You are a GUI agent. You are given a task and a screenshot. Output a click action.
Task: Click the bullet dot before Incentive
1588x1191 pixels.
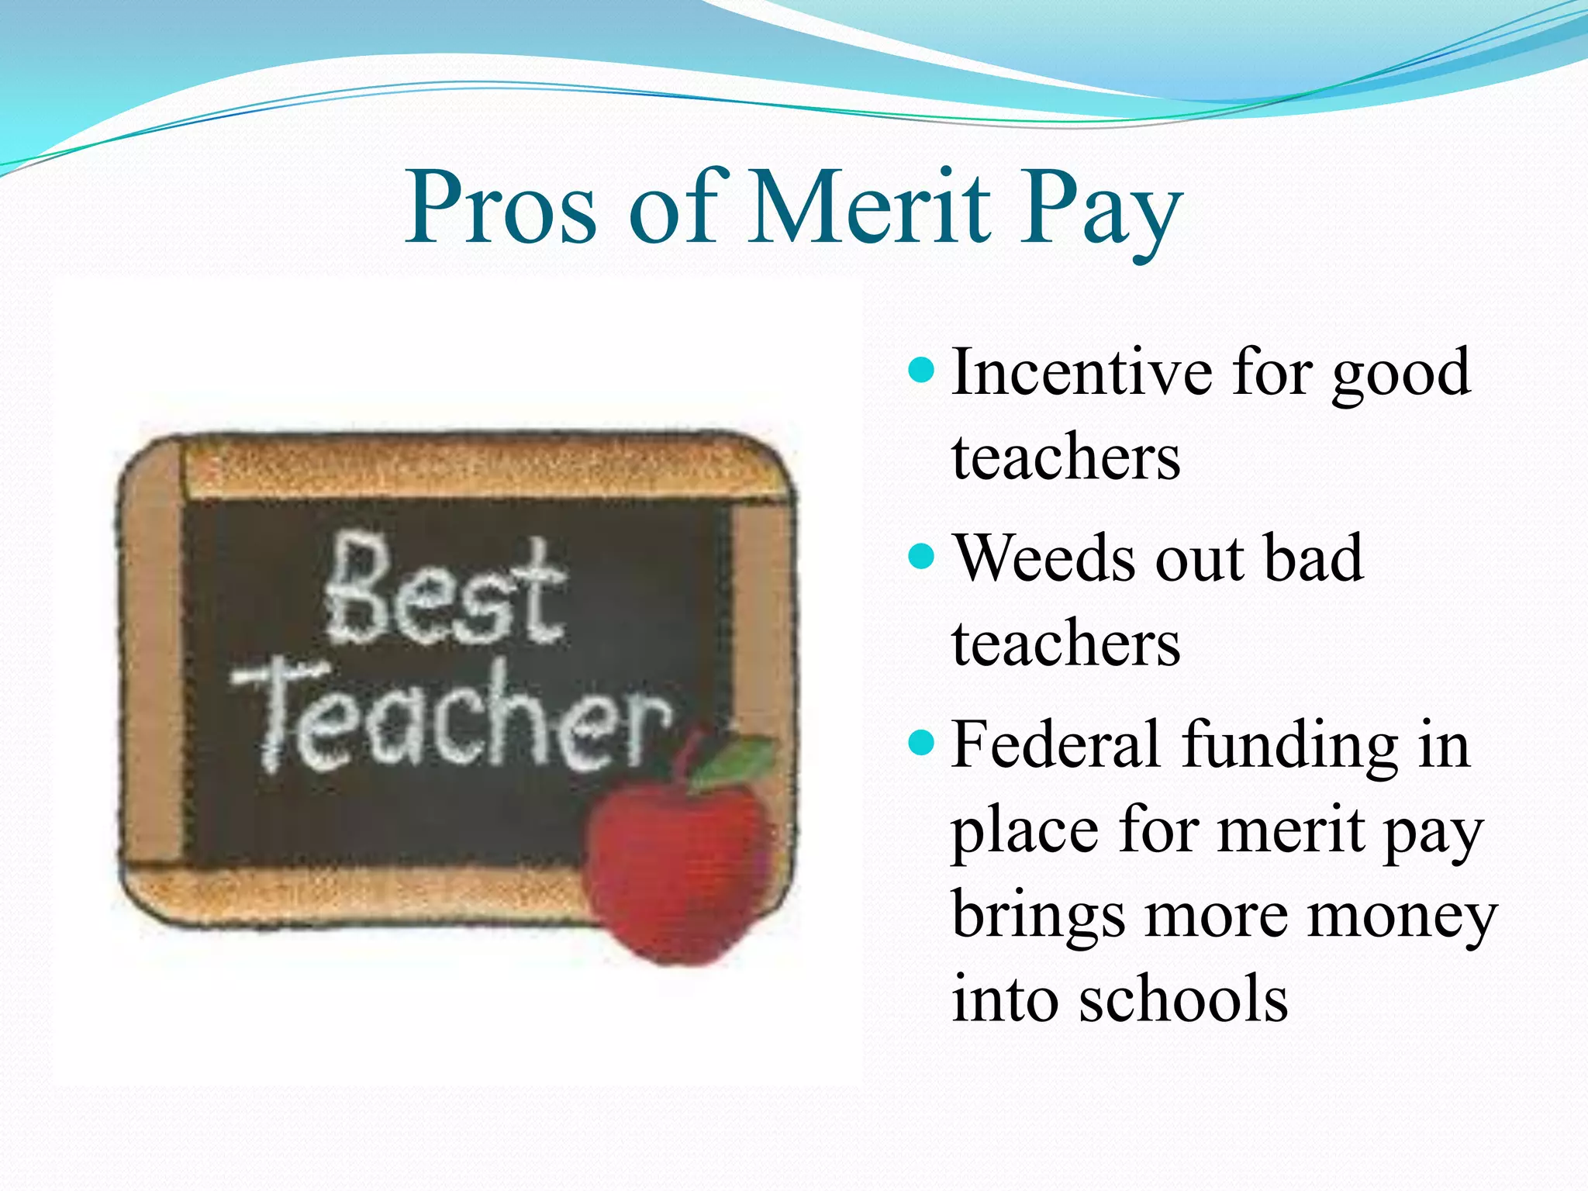click(920, 371)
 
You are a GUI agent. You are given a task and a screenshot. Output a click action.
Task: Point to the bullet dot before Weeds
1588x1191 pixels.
click(920, 556)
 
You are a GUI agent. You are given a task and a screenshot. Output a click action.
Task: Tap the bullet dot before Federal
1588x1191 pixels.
click(920, 743)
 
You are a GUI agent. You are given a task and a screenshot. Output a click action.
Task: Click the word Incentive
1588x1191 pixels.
click(1082, 372)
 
